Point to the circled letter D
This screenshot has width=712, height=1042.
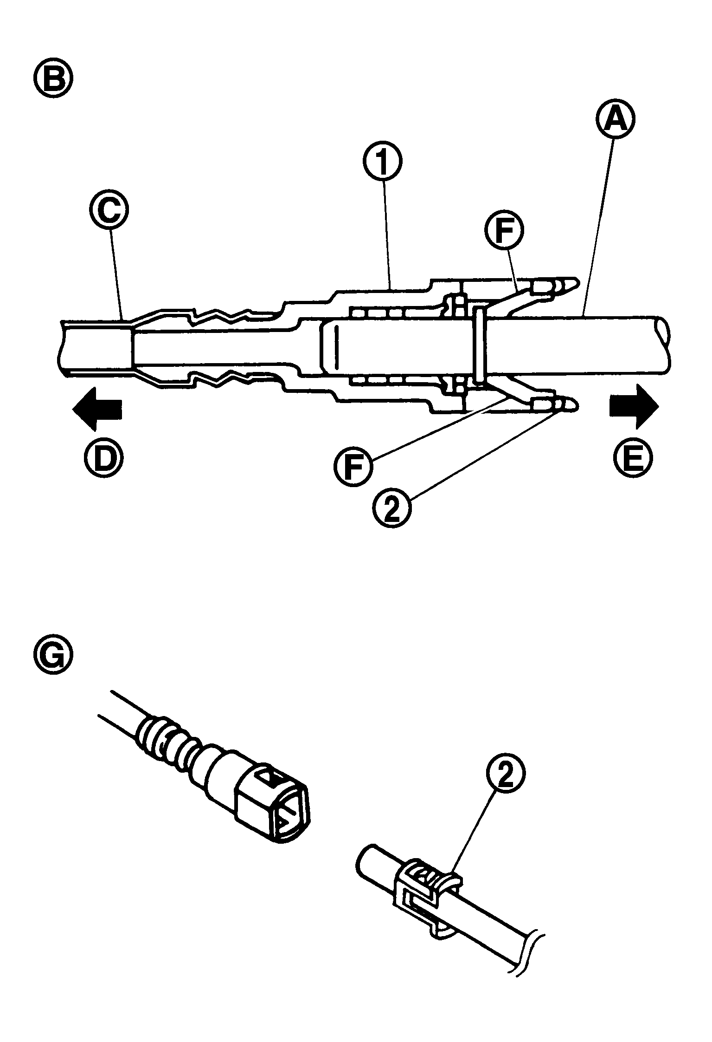[103, 456]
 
